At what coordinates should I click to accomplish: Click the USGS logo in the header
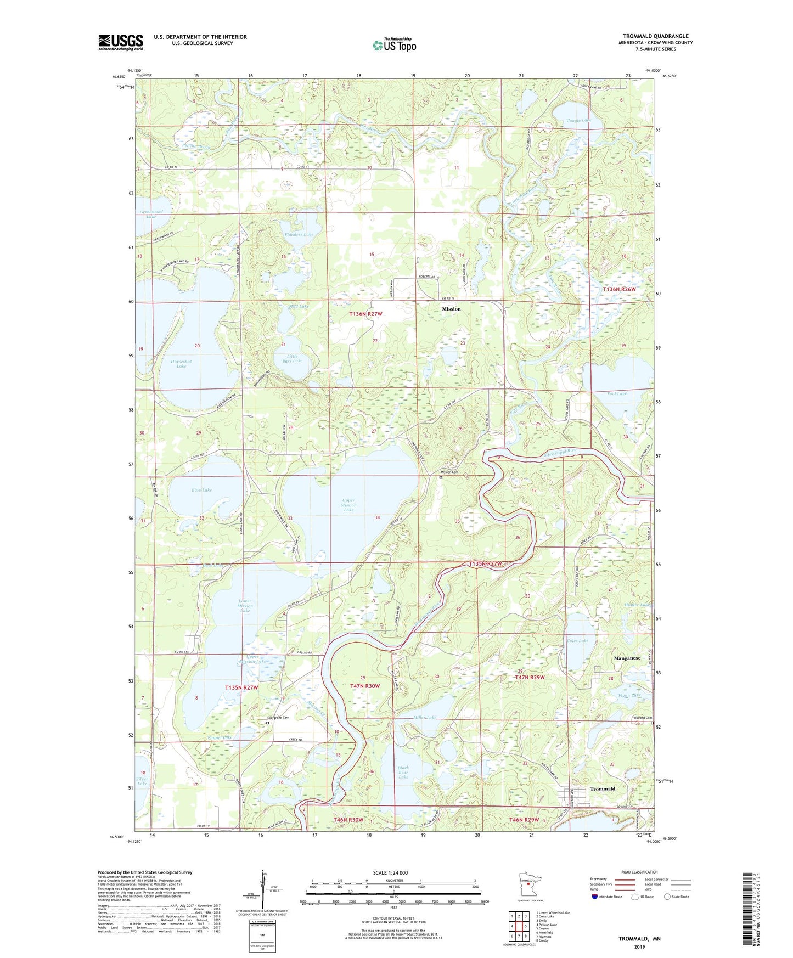120,42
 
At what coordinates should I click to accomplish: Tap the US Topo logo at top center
393,44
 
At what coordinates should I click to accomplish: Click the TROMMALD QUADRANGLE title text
655,36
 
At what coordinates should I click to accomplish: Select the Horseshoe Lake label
181,364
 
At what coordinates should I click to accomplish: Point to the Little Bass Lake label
292,358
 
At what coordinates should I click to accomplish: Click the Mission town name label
451,309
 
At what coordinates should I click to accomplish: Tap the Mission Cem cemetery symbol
440,477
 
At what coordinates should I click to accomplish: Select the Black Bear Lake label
403,773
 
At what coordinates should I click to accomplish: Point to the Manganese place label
627,658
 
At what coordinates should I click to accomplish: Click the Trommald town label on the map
602,789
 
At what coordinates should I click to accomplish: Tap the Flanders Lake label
299,234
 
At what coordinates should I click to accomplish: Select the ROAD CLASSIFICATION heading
639,872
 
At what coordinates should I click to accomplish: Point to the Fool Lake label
617,393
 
